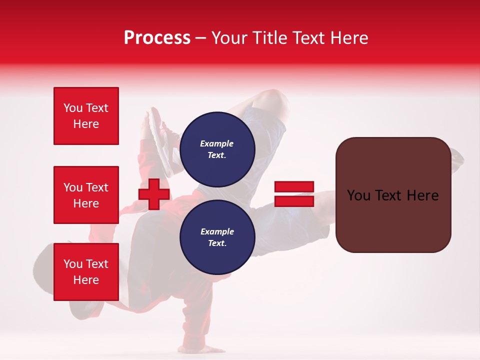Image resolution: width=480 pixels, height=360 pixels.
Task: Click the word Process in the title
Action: point(157,38)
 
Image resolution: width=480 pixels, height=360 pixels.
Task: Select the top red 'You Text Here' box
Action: point(86,116)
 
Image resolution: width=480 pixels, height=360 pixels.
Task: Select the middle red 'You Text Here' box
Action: point(86,195)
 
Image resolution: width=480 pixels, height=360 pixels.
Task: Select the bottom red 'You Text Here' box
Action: point(86,272)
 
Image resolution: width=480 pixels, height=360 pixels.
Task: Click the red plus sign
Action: point(154,194)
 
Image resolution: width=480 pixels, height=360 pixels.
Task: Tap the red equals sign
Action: point(294,194)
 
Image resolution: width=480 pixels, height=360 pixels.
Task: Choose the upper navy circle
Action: point(217,149)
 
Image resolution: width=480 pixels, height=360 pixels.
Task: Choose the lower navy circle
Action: point(217,237)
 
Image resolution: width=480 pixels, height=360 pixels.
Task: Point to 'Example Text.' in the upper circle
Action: point(217,149)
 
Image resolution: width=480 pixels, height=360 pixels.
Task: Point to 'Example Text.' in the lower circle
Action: point(217,237)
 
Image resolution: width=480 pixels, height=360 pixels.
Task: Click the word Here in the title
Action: point(349,38)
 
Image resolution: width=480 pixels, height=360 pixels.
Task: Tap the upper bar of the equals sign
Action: point(294,187)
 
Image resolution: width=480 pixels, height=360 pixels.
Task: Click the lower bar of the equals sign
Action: point(294,201)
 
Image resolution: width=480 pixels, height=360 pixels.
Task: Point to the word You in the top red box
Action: point(72,108)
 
